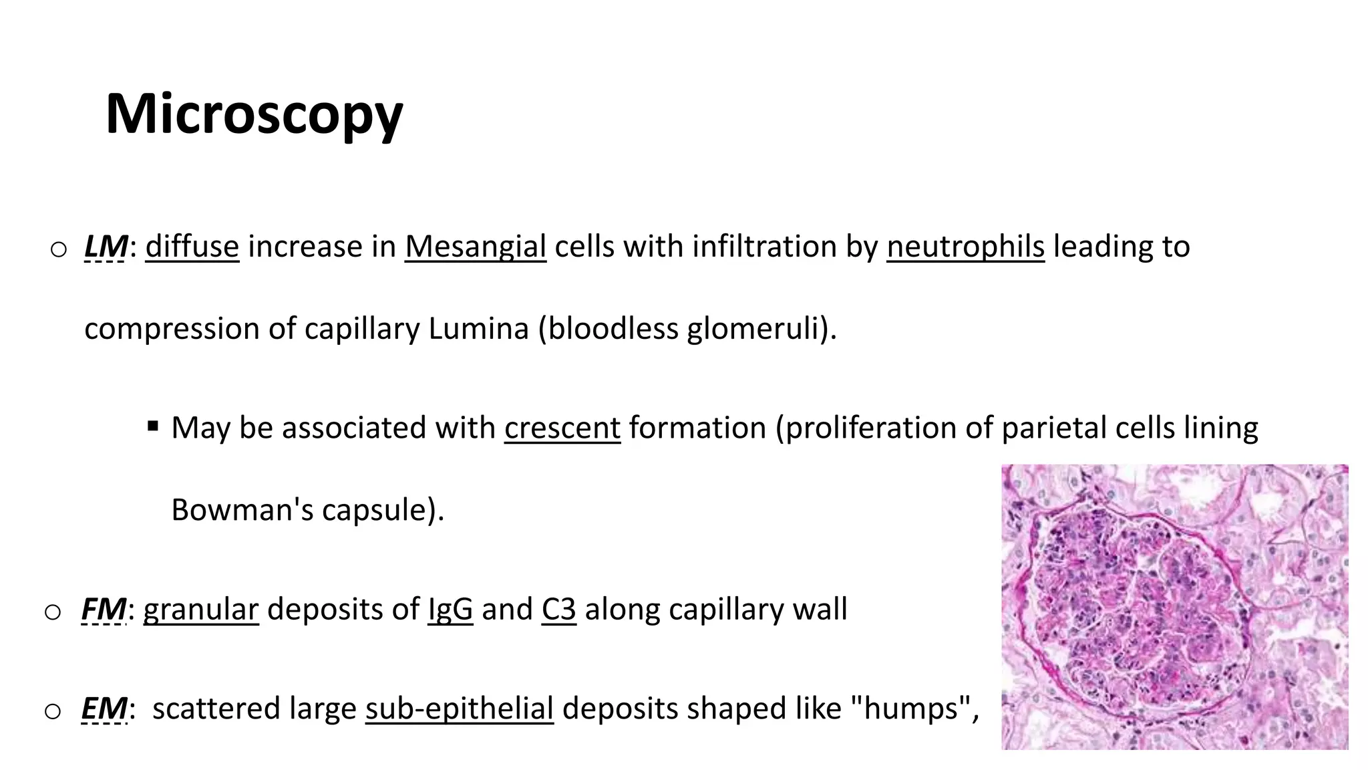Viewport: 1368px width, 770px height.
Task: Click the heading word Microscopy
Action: (x=254, y=114)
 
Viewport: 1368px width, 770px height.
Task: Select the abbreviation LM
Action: (x=106, y=247)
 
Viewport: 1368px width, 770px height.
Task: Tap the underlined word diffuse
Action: (x=192, y=247)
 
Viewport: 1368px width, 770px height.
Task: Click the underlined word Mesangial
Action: (x=475, y=247)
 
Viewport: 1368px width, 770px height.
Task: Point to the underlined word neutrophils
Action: (x=965, y=247)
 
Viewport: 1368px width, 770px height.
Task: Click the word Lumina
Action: (x=478, y=329)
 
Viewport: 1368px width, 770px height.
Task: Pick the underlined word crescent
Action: (x=562, y=428)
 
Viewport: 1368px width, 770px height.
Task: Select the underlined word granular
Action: (x=200, y=610)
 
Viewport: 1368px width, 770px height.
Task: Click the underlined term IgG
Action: (x=450, y=610)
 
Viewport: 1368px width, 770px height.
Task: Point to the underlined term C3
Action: (x=558, y=610)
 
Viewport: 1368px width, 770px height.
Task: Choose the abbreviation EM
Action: (x=104, y=709)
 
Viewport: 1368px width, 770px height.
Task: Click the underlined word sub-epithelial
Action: (x=459, y=709)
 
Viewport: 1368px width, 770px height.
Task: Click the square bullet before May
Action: (x=153, y=425)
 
